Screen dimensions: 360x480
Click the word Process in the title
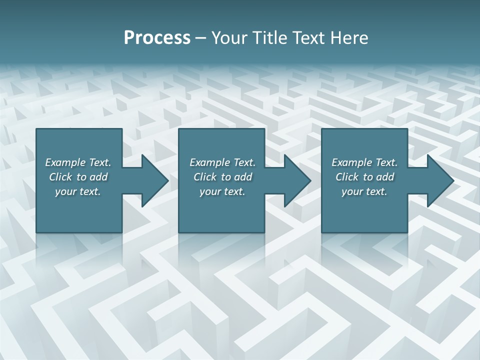pyautogui.click(x=157, y=38)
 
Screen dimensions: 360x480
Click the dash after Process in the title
pyautogui.click(x=201, y=38)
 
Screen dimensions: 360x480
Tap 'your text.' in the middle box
pyautogui.click(x=222, y=191)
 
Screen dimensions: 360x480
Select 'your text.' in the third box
pyautogui.click(x=364, y=191)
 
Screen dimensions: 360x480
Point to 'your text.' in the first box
pyautogui.click(x=78, y=191)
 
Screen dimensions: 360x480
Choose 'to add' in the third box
pyautogui.click(x=378, y=177)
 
